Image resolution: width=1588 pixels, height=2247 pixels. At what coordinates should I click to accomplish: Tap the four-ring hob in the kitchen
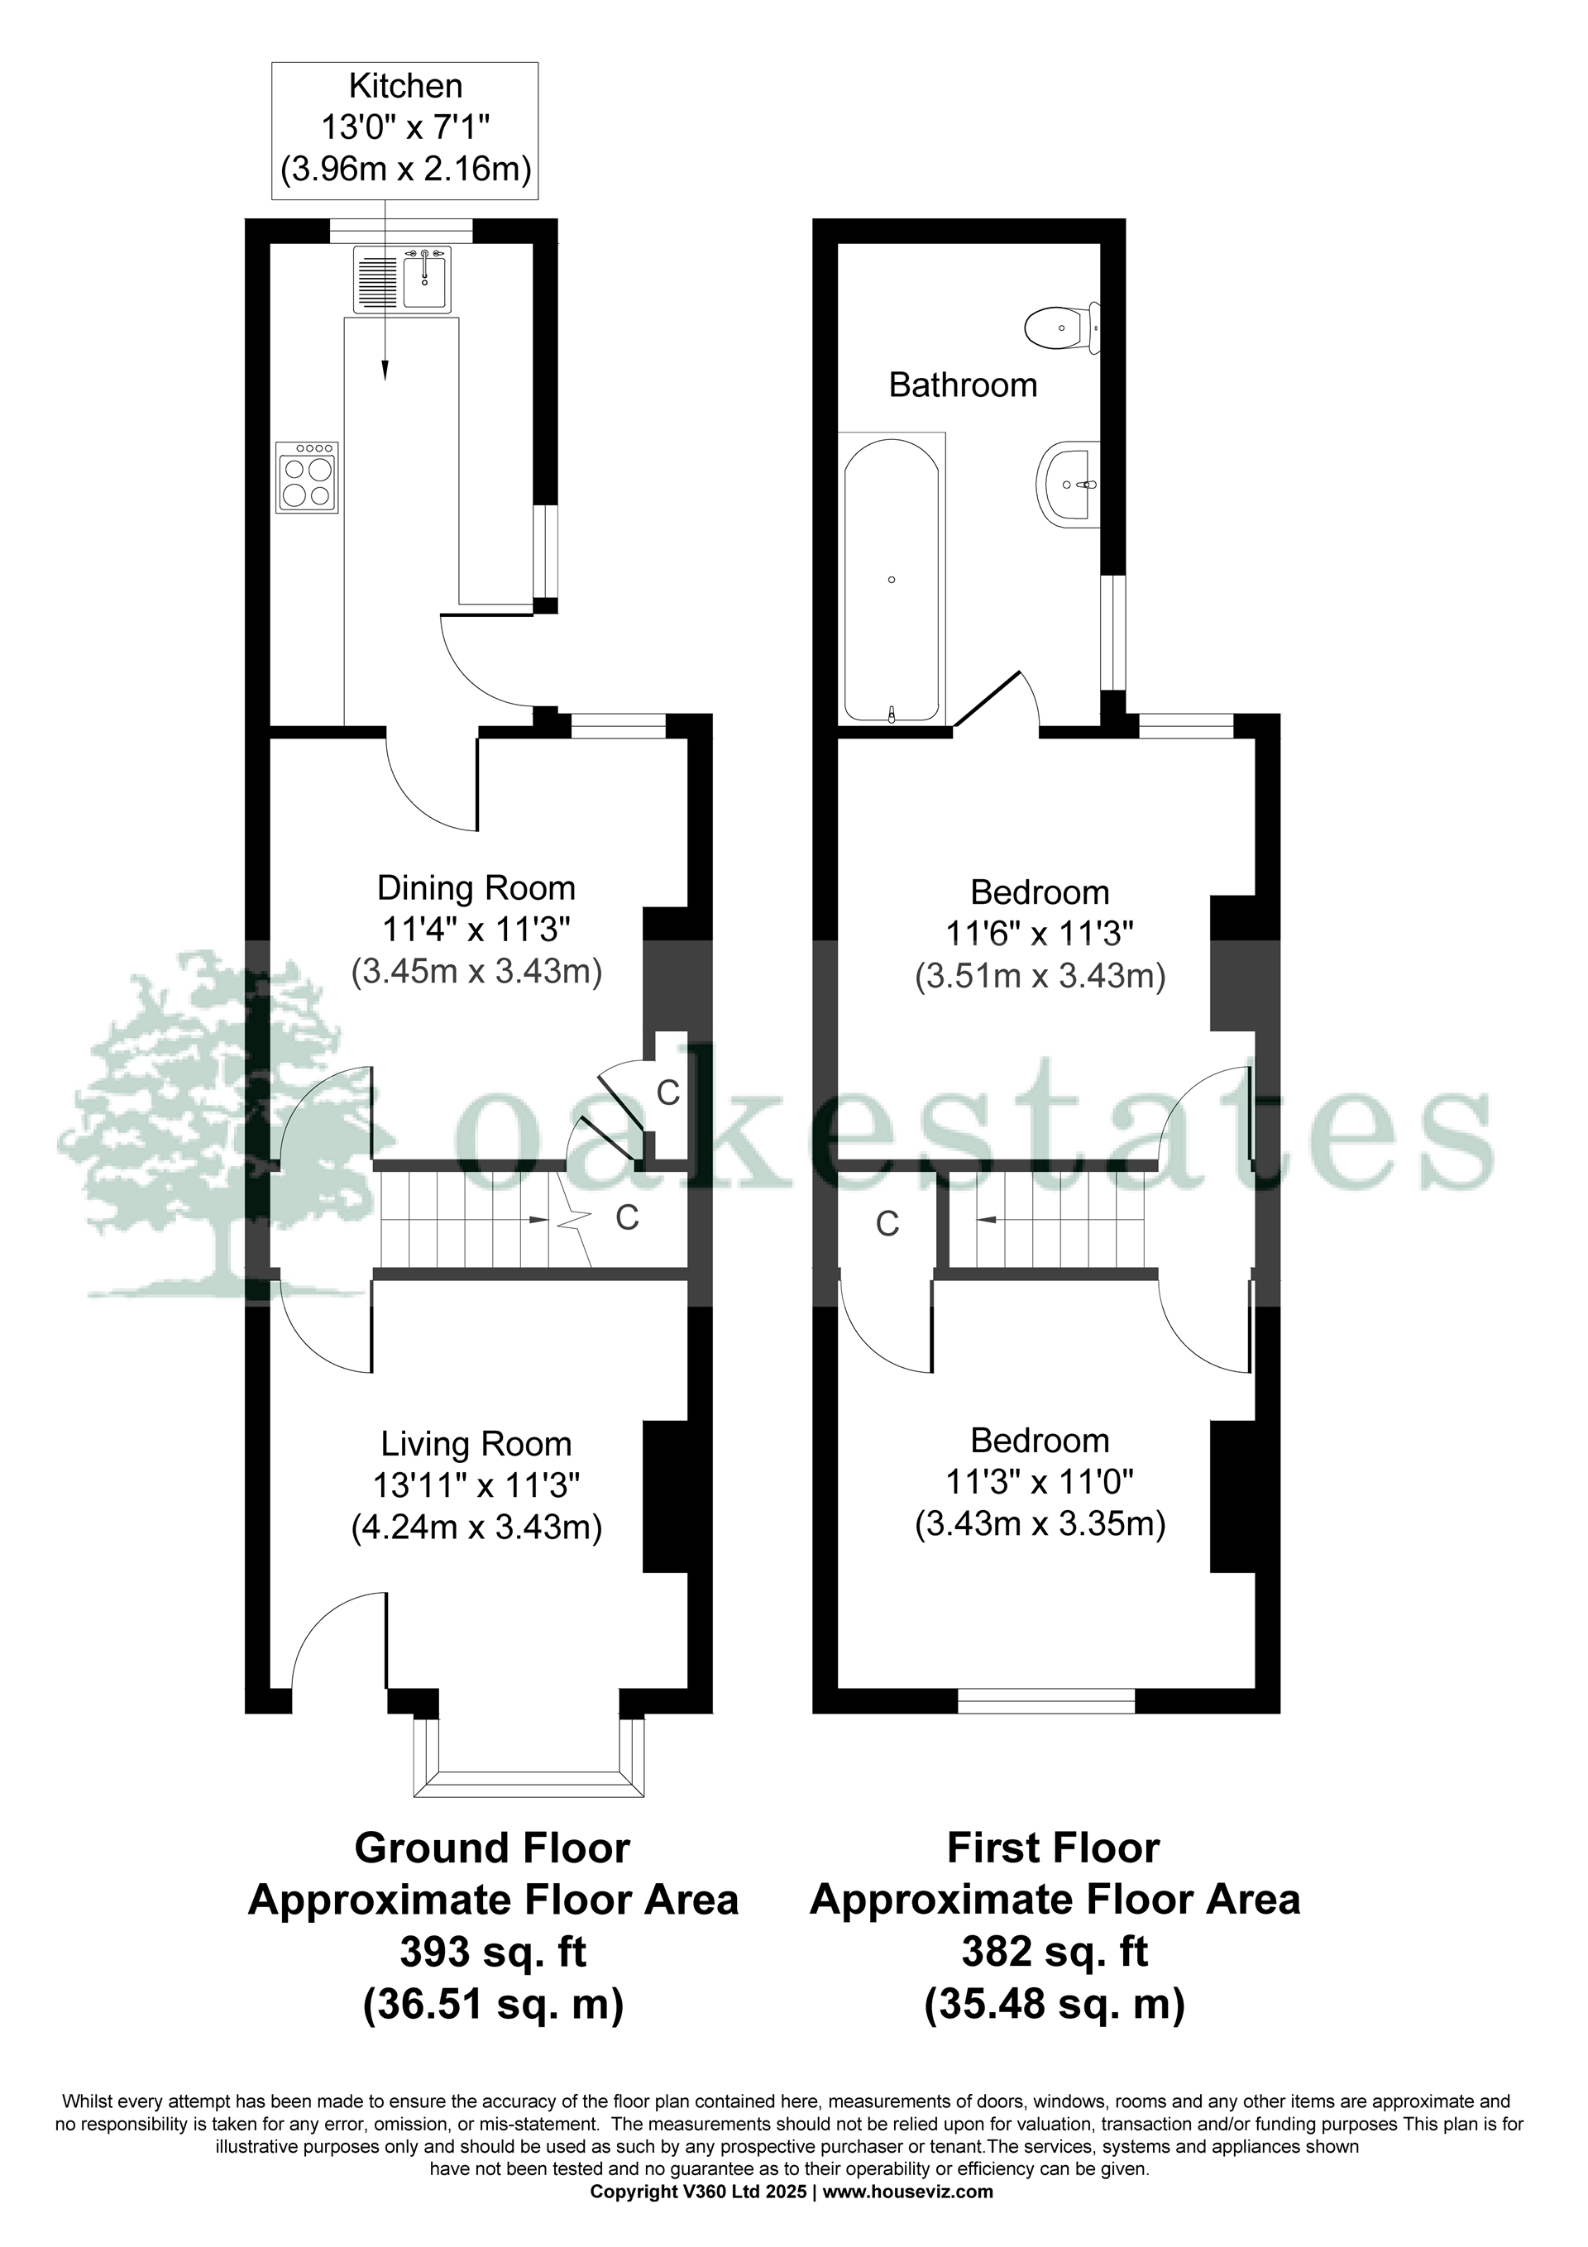click(x=309, y=476)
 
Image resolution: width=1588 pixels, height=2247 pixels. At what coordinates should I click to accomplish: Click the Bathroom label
click(x=963, y=385)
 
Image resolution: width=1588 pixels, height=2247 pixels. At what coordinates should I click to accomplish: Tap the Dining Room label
click(x=476, y=888)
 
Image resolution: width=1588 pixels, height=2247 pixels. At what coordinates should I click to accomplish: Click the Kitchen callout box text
click(x=405, y=128)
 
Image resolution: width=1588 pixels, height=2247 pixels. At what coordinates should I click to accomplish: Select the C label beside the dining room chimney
click(x=667, y=1092)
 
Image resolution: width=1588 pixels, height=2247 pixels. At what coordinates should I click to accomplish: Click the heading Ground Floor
click(x=491, y=1848)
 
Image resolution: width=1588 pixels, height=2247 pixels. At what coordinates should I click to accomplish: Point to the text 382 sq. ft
click(x=1055, y=1952)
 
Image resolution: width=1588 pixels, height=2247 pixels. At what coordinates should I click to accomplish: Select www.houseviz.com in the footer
click(x=907, y=2192)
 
